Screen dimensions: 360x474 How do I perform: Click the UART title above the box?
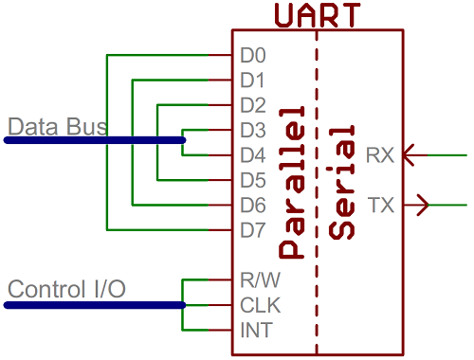[x=317, y=15]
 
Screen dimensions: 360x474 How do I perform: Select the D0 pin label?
[x=252, y=55]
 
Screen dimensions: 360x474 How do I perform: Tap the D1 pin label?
[x=252, y=80]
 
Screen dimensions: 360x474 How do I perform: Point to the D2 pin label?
[x=252, y=104]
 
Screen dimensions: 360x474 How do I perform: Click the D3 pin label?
[x=252, y=130]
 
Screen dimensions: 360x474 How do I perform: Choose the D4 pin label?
[x=252, y=154]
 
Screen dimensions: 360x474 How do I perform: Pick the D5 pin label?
[x=252, y=179]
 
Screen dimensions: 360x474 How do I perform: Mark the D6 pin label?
[x=252, y=205]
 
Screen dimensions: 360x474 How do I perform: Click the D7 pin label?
[x=252, y=229]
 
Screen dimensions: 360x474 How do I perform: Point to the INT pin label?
[x=253, y=331]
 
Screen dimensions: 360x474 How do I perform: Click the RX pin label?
[x=381, y=154]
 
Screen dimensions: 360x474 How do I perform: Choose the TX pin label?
[x=381, y=205]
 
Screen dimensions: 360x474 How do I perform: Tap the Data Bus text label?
[x=57, y=126]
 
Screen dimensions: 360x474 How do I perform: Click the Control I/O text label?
[x=65, y=288]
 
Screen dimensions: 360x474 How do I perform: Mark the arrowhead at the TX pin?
[x=423, y=204]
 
